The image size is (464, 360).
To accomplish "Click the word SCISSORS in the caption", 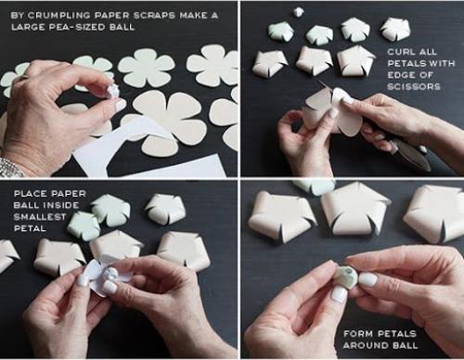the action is pyautogui.click(x=414, y=86).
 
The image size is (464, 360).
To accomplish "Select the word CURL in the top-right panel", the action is pyautogui.click(x=399, y=52).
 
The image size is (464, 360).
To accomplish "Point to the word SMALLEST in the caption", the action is pyautogui.click(x=40, y=217).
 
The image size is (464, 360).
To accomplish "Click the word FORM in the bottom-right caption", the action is pyautogui.click(x=357, y=334).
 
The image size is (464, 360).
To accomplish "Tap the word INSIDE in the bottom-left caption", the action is pyautogui.click(x=60, y=205).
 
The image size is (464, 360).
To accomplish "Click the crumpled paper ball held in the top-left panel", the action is pyautogui.click(x=112, y=91).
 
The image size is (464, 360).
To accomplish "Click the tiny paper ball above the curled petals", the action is pyautogui.click(x=299, y=12).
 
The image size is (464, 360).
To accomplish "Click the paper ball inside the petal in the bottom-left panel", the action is pyautogui.click(x=110, y=275).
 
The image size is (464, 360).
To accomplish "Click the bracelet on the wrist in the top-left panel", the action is pyautogui.click(x=12, y=167).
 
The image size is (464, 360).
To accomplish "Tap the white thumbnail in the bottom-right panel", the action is pyautogui.click(x=368, y=279).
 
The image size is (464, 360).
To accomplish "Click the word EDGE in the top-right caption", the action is pyautogui.click(x=400, y=75).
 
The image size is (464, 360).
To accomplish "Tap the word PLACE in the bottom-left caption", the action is pyautogui.click(x=31, y=194).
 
